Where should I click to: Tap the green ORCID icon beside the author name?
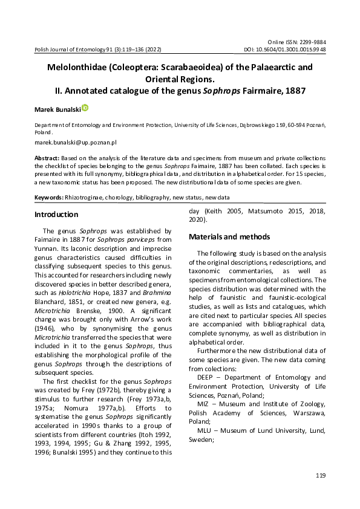(85, 108)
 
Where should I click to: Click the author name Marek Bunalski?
(57, 109)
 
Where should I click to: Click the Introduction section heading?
(56, 215)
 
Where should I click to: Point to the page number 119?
(321, 476)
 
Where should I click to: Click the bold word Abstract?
(47, 157)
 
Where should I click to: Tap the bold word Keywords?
(49, 198)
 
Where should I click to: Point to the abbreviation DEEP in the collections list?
(206, 377)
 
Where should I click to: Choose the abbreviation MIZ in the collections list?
(204, 403)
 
